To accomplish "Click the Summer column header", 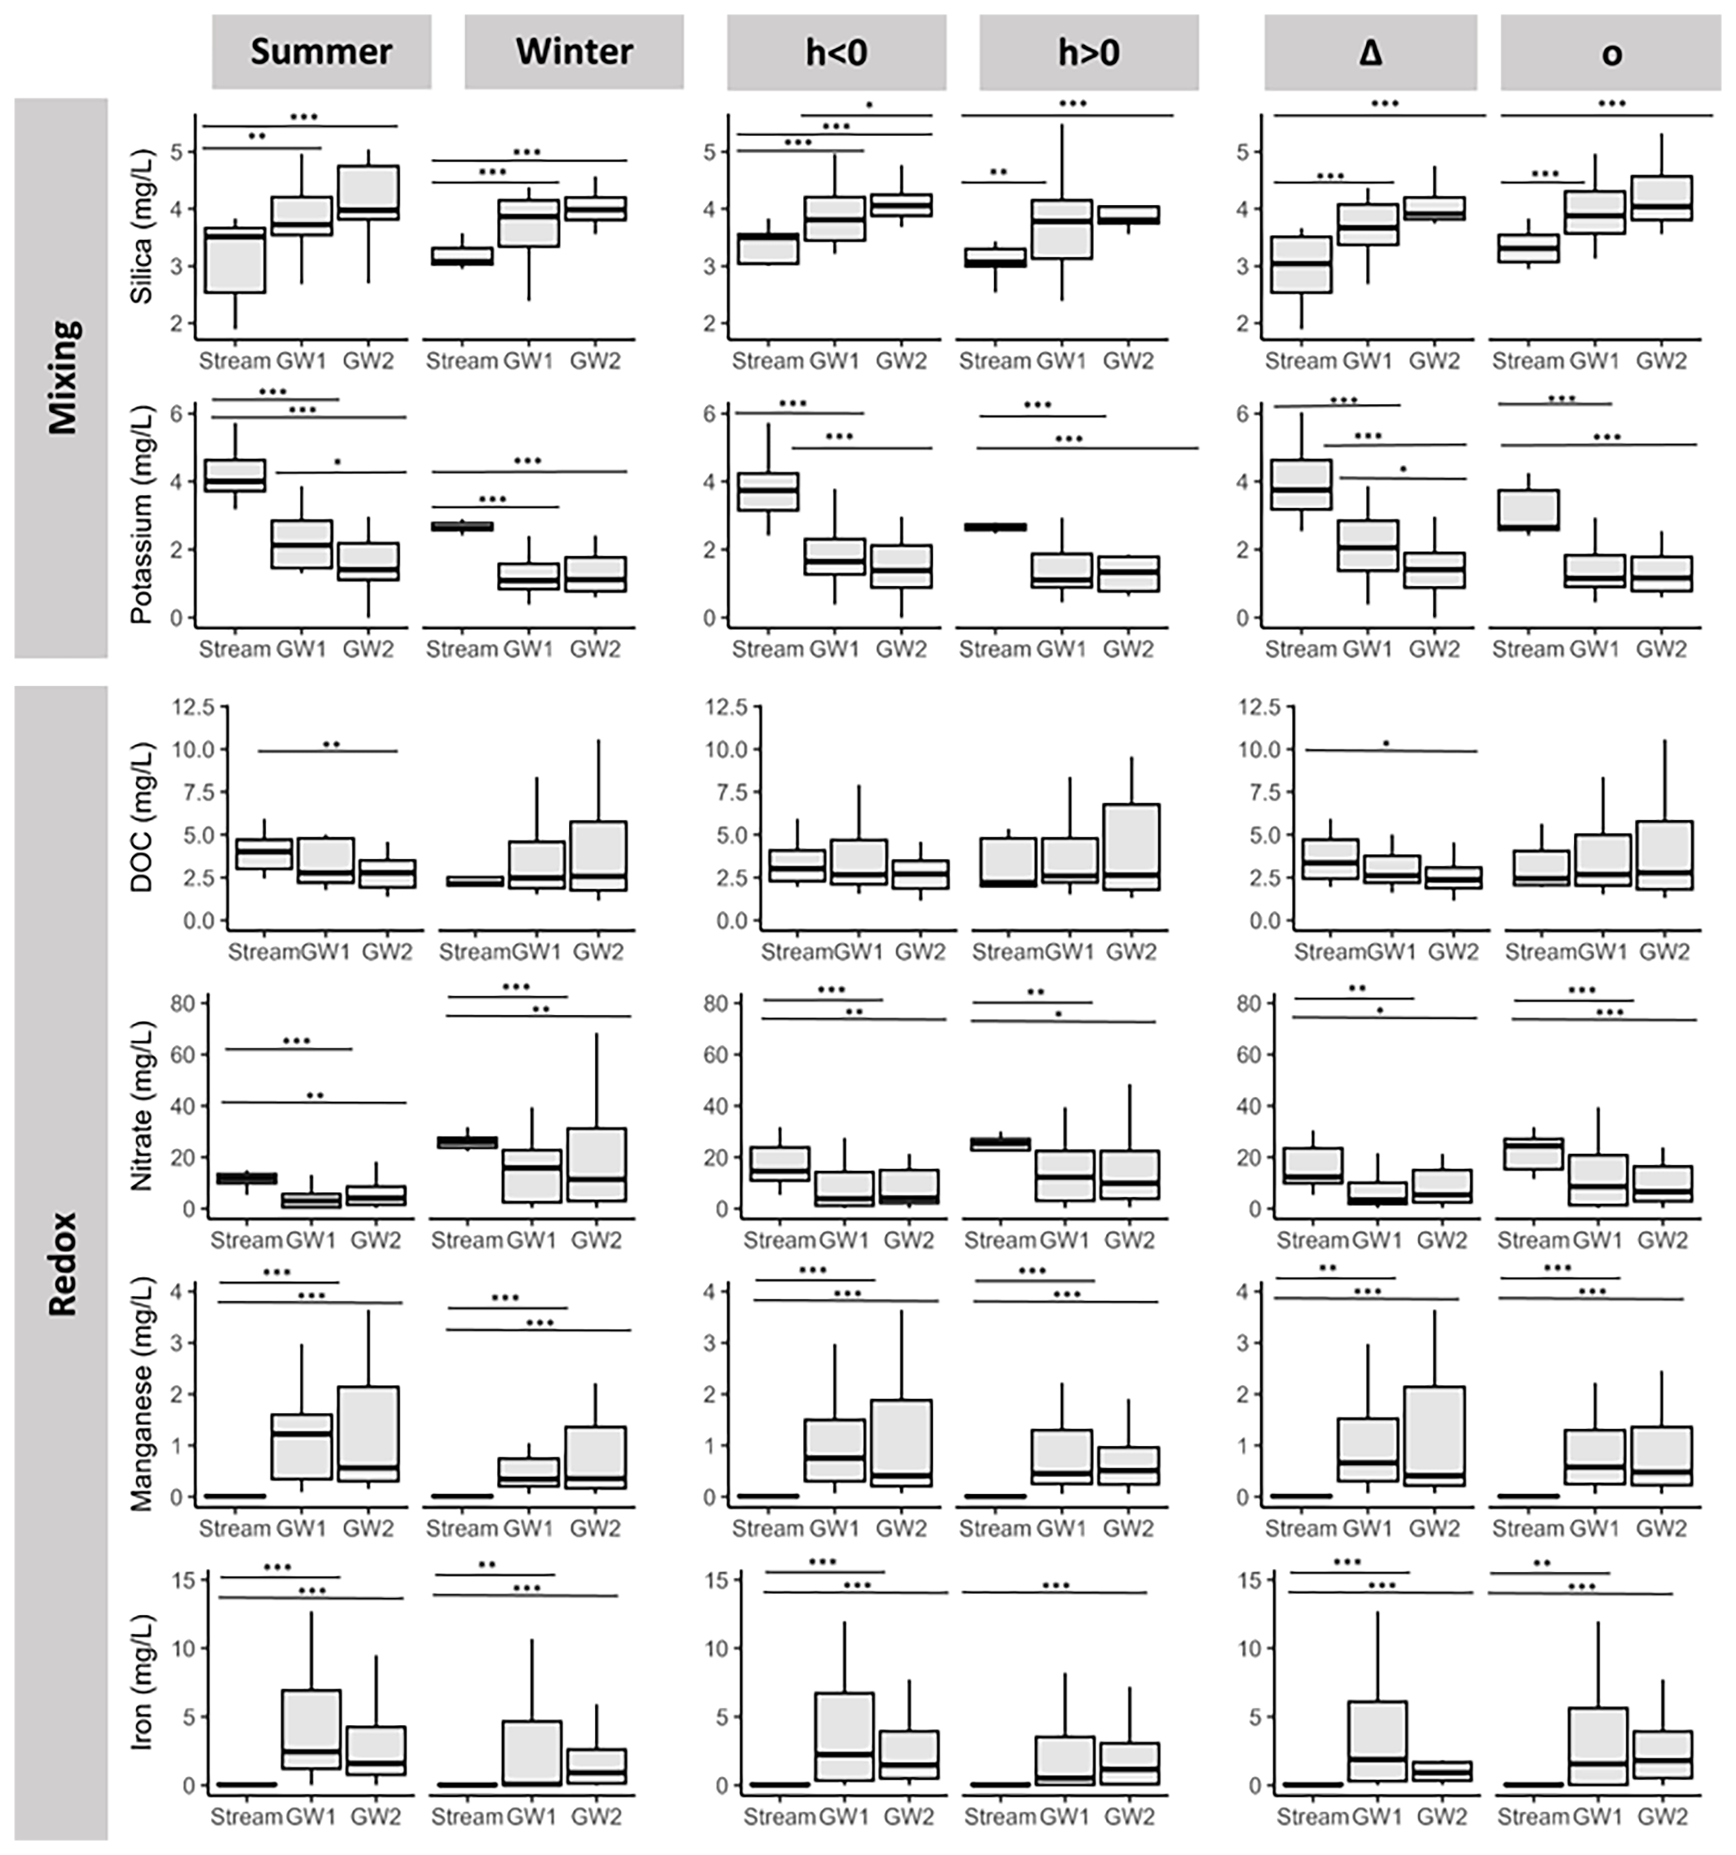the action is (321, 51).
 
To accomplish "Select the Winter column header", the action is (574, 51).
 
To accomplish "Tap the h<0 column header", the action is (836, 51).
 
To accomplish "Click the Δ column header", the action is (1370, 51).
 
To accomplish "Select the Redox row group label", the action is (63, 1264).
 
